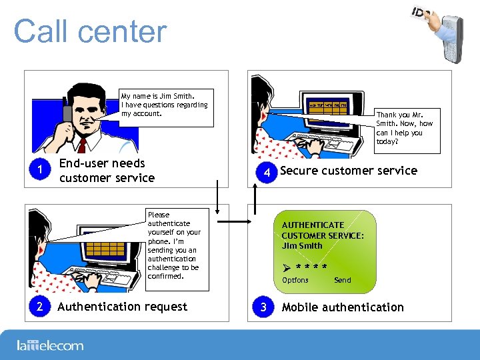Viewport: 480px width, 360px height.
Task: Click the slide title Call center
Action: pos(90,31)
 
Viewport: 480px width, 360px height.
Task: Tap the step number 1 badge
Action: pos(41,170)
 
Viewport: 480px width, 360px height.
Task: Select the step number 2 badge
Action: pos(41,307)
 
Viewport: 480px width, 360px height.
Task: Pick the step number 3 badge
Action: pos(264,307)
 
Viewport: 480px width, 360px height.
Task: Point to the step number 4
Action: pos(267,173)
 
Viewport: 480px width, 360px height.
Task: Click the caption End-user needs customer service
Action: pos(107,170)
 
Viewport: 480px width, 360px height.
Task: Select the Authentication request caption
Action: pos(123,307)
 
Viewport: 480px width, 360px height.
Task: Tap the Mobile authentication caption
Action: pos(343,307)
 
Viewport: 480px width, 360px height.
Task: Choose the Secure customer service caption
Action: pos(349,171)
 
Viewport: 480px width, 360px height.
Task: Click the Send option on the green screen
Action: pos(342,280)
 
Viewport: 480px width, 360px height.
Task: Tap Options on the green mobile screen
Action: pos(295,280)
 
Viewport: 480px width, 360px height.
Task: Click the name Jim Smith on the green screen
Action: pos(302,245)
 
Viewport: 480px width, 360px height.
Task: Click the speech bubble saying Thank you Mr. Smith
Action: pos(405,127)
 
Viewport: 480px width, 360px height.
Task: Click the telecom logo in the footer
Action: pos(50,345)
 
